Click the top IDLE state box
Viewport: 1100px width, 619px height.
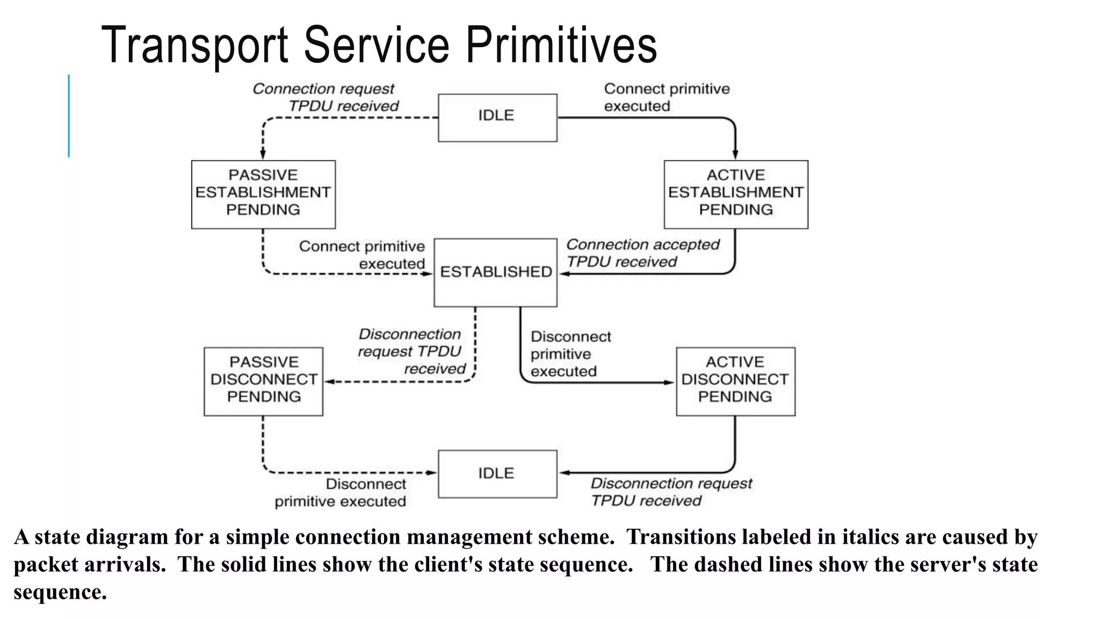pos(497,118)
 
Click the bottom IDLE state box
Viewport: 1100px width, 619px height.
pos(497,473)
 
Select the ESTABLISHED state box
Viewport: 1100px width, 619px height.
pos(495,272)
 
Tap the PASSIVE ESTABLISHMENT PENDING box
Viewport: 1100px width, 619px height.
pos(263,194)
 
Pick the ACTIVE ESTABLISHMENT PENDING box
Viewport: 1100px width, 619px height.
pos(735,194)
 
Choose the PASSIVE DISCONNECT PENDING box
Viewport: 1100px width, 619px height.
pos(263,381)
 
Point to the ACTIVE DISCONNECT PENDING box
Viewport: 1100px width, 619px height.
pos(735,381)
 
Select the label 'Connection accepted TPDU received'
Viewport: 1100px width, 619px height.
pos(642,253)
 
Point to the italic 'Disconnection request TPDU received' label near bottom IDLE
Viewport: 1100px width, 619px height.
pos(670,492)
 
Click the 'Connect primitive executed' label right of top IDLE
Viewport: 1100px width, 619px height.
pos(665,97)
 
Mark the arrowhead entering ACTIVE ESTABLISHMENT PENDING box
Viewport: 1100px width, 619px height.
pos(735,155)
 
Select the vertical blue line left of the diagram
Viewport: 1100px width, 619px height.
pos(69,116)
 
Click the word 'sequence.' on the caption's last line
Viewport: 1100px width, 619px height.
pos(60,592)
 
